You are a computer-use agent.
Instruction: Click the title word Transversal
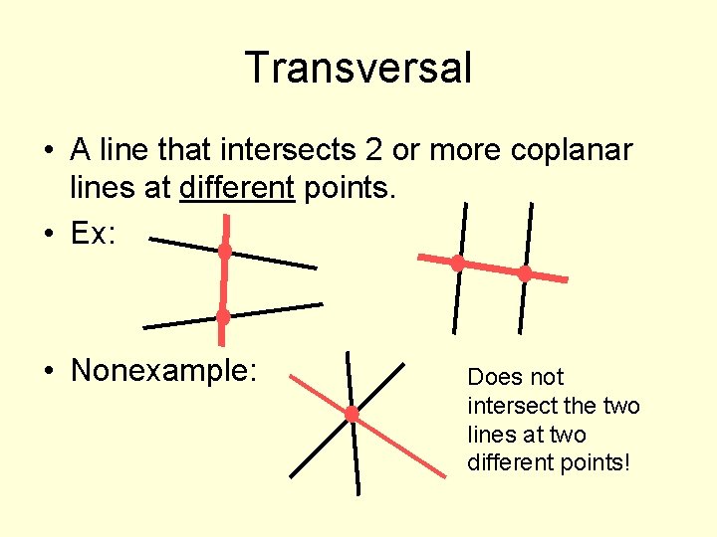click(x=358, y=68)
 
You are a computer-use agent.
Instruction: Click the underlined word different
click(x=237, y=188)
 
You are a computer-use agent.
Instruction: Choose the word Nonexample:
click(x=164, y=371)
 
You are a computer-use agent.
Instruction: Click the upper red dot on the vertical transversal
click(x=225, y=252)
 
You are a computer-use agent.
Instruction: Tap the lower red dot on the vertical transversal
click(x=223, y=317)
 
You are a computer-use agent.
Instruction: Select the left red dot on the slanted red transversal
click(x=457, y=264)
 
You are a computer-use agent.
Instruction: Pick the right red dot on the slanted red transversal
click(x=525, y=273)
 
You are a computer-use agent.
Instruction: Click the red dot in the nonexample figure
click(x=352, y=413)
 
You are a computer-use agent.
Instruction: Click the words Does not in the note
click(x=515, y=378)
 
